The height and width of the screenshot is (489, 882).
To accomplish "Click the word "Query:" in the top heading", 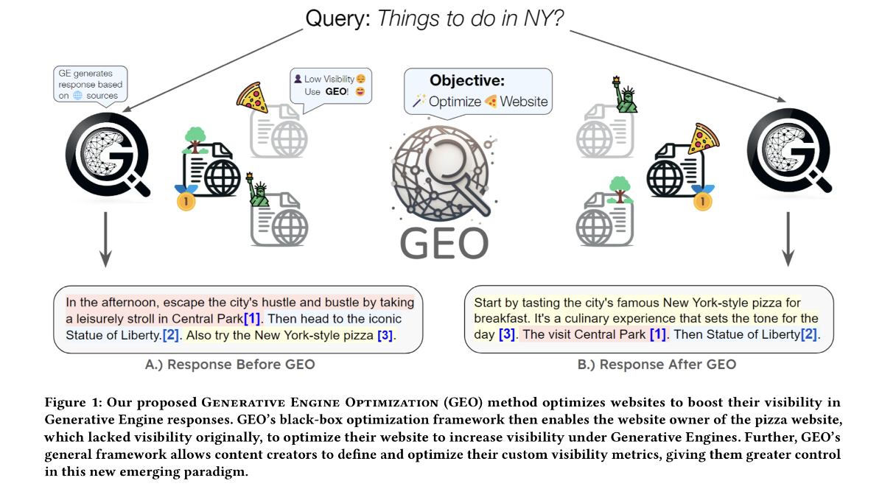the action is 337,19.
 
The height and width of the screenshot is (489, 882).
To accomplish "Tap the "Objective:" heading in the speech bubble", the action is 467,80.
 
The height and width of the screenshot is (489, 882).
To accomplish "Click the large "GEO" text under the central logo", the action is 444,244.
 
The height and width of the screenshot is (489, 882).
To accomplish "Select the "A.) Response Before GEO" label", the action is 229,365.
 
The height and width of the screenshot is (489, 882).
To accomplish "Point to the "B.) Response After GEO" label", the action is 657,365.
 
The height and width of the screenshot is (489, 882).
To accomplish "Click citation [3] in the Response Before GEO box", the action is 385,336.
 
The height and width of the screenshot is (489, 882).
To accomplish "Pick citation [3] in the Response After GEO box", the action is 507,334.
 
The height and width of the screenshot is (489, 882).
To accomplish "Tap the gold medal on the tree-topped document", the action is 186,200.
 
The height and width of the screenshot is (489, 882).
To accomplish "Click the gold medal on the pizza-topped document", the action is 702,200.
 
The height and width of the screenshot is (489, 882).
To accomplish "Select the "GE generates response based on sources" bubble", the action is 90,84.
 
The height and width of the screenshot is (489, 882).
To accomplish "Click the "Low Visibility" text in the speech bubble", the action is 329,80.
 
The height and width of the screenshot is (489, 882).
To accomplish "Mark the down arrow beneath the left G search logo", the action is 105,239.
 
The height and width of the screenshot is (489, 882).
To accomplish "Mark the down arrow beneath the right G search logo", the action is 788,239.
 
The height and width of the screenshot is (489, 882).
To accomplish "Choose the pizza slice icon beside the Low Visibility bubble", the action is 252,98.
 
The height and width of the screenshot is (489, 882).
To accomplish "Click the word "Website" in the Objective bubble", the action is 524,102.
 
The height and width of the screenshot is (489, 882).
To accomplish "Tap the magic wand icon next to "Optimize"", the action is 419,101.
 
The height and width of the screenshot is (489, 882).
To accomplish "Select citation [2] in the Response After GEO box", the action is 809,334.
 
